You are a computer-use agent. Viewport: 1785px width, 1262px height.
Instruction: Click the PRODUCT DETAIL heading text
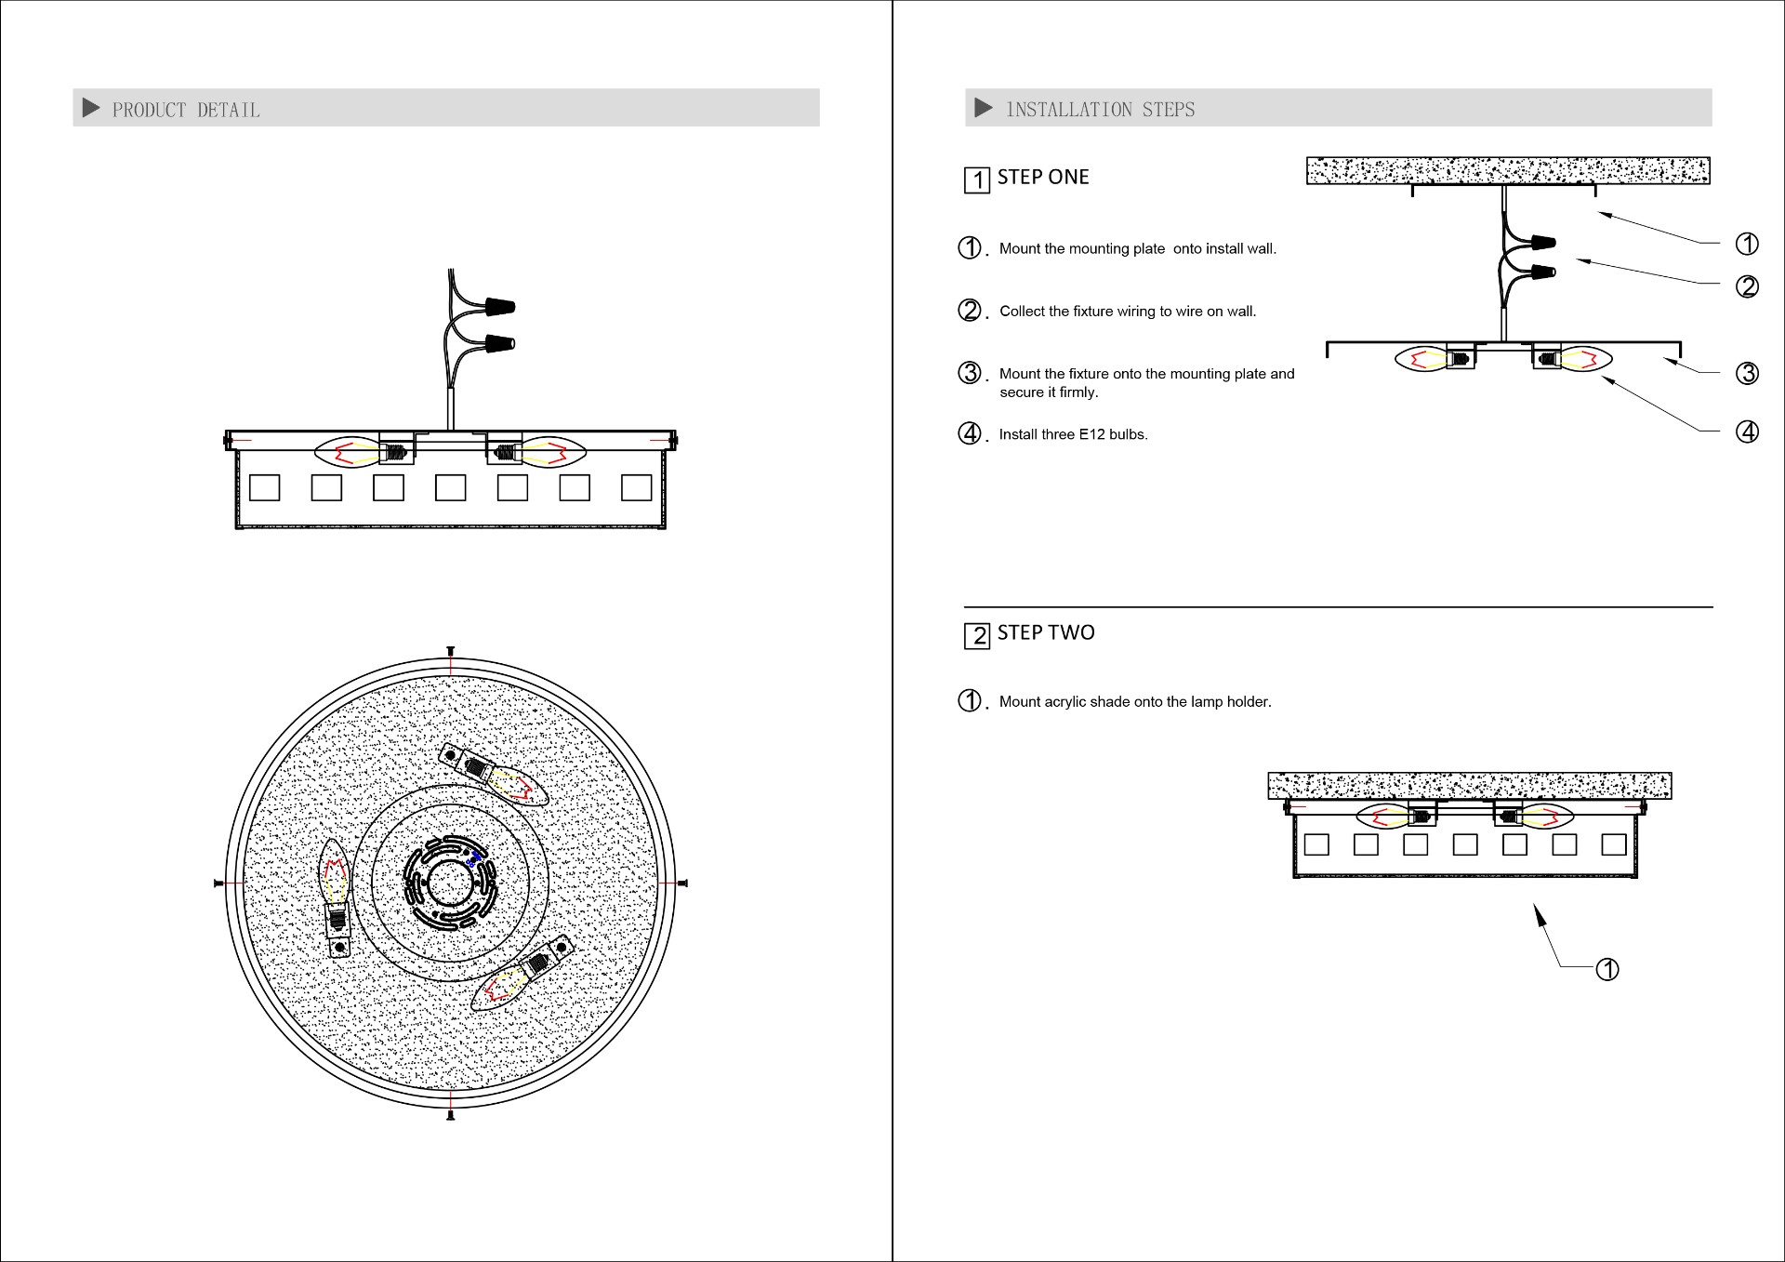(186, 110)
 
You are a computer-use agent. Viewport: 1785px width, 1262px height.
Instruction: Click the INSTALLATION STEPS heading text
(1101, 110)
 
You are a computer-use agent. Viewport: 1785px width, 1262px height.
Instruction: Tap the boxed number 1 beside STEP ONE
(976, 179)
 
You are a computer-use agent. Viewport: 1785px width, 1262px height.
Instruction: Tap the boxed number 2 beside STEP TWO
(976, 635)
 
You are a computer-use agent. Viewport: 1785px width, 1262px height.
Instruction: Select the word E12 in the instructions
(1091, 434)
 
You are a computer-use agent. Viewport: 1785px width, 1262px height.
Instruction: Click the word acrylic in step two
(1064, 702)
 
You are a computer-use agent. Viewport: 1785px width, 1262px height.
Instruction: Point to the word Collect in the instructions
(1022, 312)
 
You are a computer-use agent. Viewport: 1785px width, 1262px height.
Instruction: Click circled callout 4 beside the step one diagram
(1747, 432)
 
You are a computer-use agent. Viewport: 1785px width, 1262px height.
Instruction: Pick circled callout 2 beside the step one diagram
(1747, 286)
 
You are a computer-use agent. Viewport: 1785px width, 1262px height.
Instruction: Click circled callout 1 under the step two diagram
(1607, 969)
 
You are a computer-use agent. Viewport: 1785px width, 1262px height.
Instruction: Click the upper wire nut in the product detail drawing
(499, 306)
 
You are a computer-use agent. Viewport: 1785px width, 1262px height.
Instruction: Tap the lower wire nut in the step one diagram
(1541, 273)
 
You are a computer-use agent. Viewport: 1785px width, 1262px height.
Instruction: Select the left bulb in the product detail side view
(350, 453)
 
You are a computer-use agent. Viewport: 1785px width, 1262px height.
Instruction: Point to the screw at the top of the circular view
(450, 650)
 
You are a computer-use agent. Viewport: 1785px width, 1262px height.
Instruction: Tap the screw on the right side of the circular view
(682, 883)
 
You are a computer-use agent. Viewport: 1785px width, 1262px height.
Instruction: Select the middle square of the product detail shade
(450, 487)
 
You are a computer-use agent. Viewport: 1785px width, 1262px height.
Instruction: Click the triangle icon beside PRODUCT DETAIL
(91, 108)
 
